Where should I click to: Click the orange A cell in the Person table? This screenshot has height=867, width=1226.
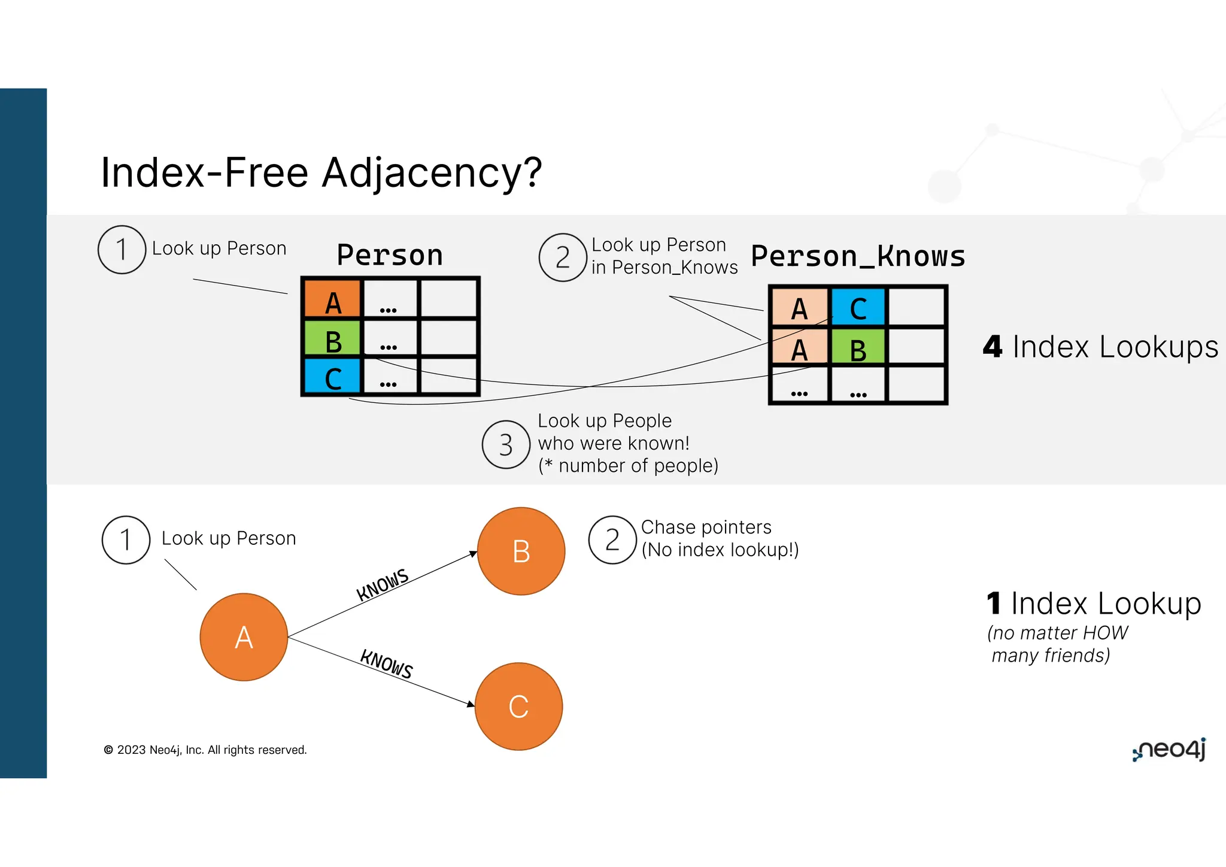pyautogui.click(x=333, y=299)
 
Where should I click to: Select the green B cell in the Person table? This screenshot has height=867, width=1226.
pyautogui.click(x=333, y=339)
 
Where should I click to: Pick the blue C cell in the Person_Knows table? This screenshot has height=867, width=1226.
pyautogui.click(x=858, y=307)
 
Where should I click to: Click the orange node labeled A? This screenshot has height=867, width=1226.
pyautogui.click(x=244, y=637)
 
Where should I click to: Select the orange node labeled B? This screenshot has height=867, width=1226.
pyautogui.click(x=521, y=551)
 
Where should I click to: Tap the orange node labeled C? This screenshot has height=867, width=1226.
pyautogui.click(x=518, y=707)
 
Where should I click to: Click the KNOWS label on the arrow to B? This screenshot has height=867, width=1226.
pyautogui.click(x=383, y=584)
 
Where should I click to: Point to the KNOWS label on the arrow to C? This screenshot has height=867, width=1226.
pyautogui.click(x=387, y=664)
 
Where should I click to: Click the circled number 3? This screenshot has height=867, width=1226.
pyautogui.click(x=506, y=445)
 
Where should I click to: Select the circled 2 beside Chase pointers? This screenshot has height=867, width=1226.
pyautogui.click(x=612, y=540)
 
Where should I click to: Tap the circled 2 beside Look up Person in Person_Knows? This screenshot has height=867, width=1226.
pyautogui.click(x=562, y=257)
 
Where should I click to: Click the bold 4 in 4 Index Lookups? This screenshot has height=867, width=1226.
pyautogui.click(x=993, y=347)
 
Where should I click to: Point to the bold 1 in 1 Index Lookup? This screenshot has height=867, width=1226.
pyautogui.click(x=994, y=604)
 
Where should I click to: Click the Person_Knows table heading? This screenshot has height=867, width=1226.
pyautogui.click(x=858, y=256)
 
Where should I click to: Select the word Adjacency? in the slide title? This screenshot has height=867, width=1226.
pyautogui.click(x=432, y=173)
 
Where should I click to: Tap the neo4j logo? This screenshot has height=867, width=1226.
pyautogui.click(x=1170, y=750)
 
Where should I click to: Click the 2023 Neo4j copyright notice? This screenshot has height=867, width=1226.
pyautogui.click(x=205, y=750)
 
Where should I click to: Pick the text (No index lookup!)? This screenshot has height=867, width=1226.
pyautogui.click(x=720, y=550)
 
